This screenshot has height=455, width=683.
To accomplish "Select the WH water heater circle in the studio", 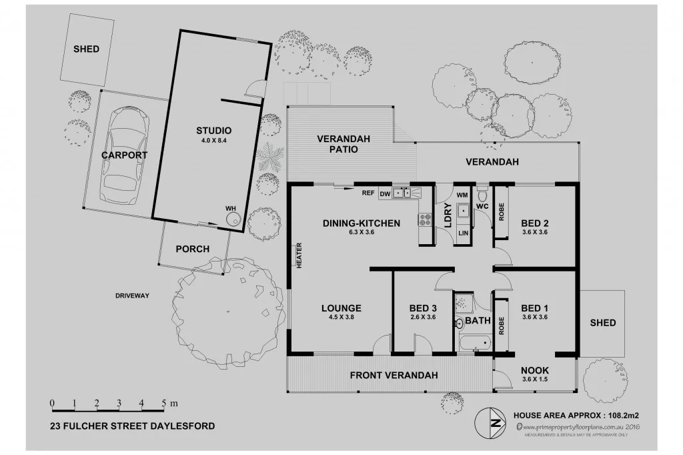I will coord(233,218).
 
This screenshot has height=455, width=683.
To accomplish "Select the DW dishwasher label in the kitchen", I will coord(384,193).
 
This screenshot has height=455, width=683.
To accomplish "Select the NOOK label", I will coord(535,370).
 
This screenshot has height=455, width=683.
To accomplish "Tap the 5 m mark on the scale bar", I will coord(164,404).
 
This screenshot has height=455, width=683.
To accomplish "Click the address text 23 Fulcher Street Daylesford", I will coord(133,426).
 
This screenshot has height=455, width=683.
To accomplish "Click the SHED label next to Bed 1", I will coord(602,323).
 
